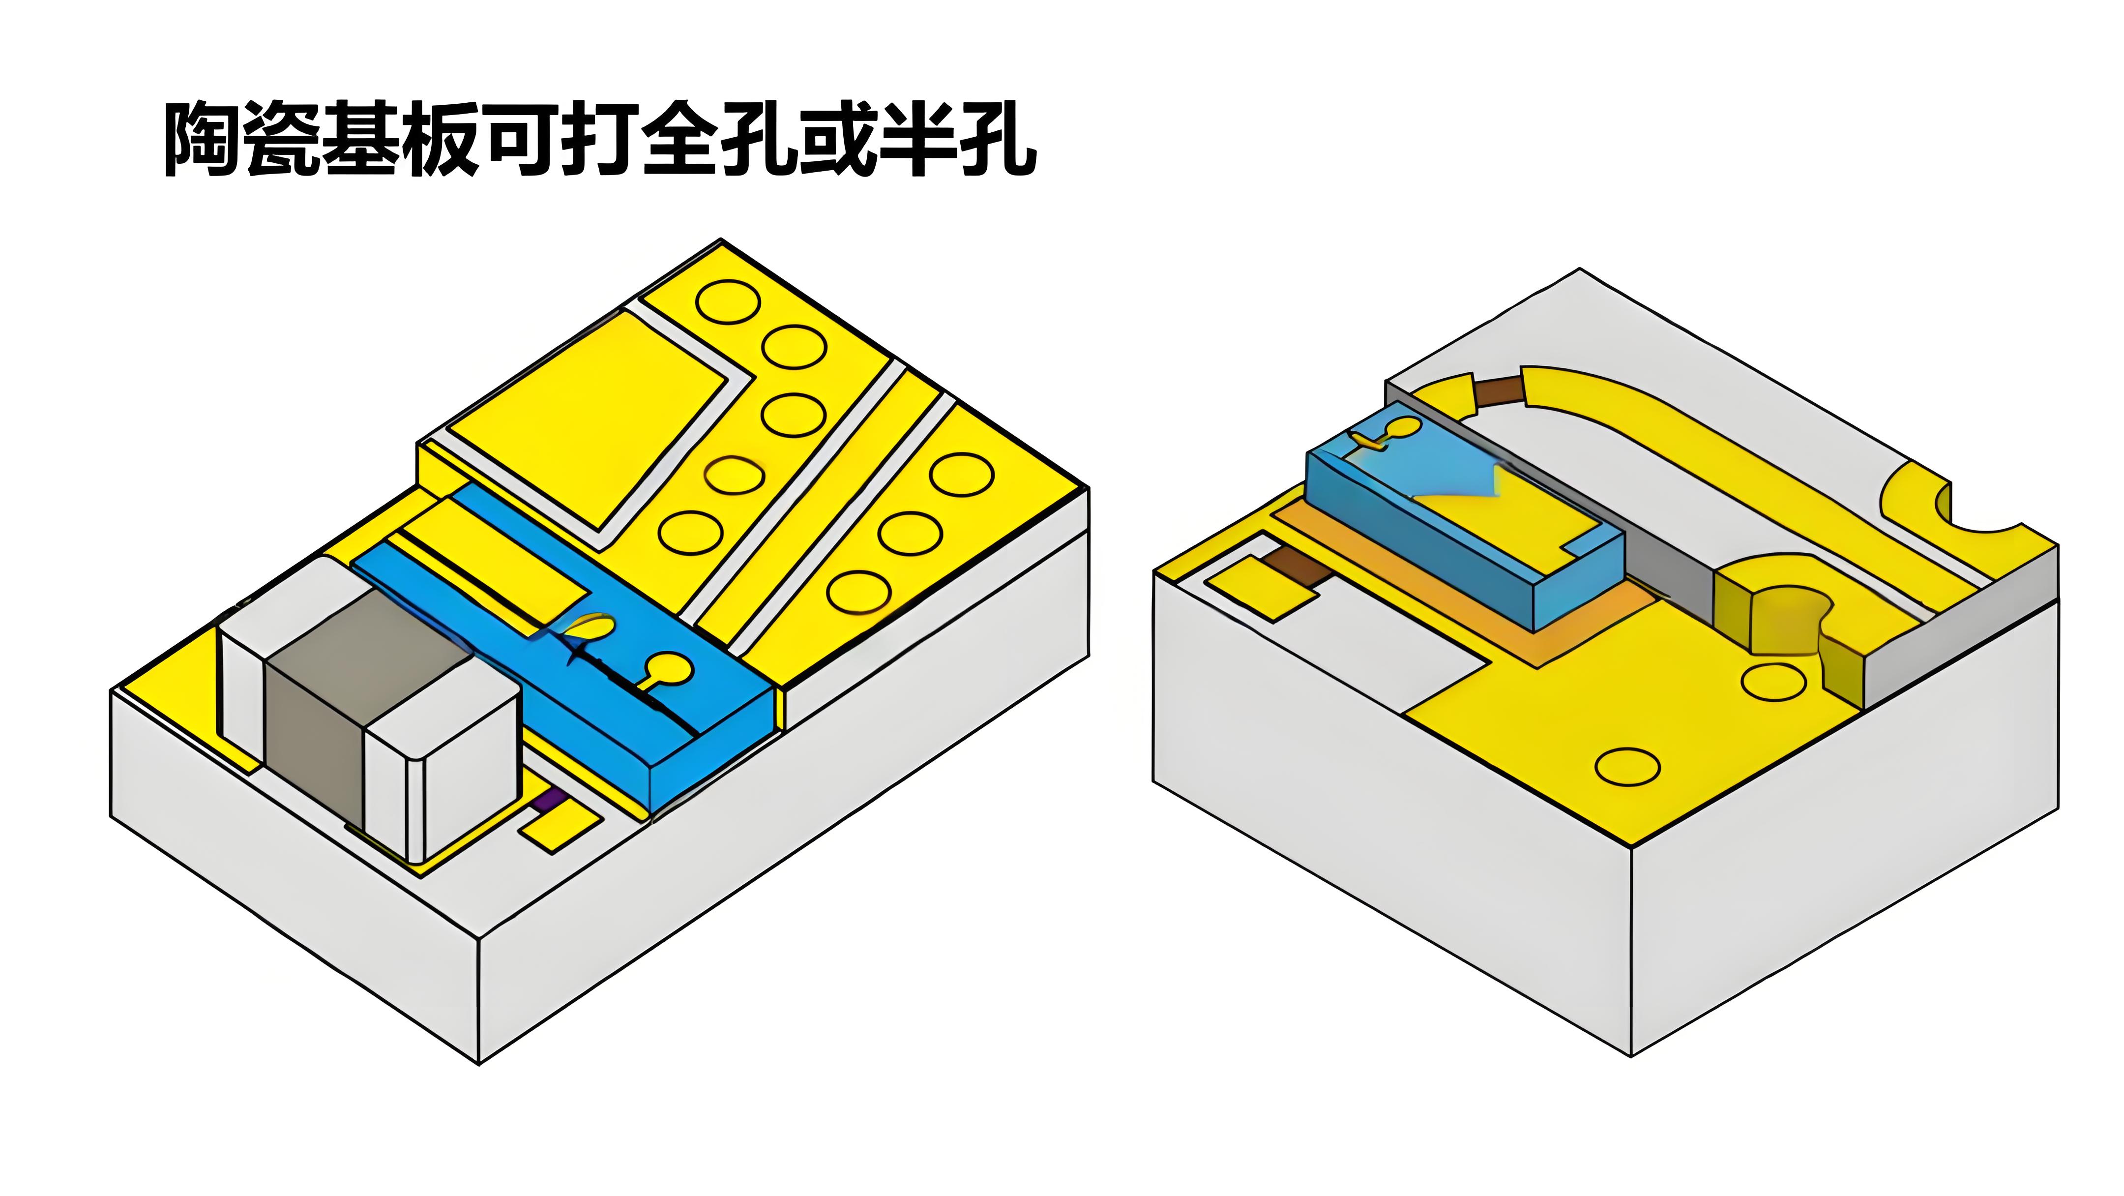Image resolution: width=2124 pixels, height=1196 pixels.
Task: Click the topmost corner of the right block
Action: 1579,269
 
